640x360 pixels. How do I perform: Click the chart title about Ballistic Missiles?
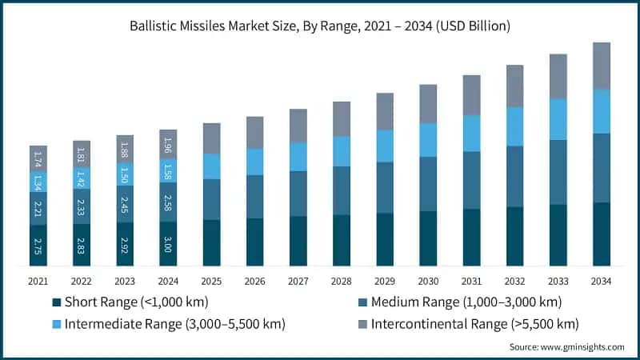(320, 26)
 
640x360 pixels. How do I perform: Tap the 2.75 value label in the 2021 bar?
(38, 245)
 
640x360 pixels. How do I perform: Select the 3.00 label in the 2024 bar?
(169, 243)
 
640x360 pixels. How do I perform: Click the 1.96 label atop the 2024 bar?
(169, 144)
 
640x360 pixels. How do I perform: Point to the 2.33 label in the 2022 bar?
(82, 206)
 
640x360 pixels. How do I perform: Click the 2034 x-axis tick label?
(602, 282)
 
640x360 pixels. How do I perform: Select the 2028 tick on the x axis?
(342, 282)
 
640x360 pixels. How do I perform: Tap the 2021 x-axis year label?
(38, 282)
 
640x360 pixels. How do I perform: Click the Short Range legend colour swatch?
(56, 302)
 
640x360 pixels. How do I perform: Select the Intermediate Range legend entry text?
(174, 324)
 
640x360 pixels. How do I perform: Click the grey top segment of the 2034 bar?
(602, 66)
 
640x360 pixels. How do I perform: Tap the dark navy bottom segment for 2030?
(428, 238)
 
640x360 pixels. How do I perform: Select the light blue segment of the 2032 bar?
(515, 126)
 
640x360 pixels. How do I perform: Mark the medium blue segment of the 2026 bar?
(255, 197)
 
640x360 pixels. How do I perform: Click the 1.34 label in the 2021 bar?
(38, 182)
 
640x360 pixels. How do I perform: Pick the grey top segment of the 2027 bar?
(298, 126)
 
